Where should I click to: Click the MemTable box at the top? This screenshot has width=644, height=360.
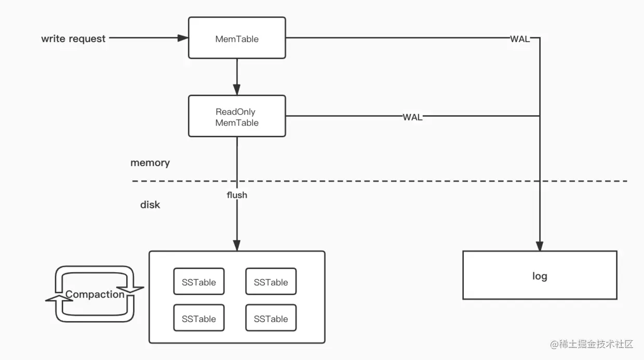237,38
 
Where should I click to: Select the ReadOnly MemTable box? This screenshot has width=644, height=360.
237,116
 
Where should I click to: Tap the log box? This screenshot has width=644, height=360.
540,275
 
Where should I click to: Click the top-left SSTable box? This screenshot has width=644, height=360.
199,282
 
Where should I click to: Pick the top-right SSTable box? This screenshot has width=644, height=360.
271,282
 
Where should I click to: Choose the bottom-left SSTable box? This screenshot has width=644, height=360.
199,318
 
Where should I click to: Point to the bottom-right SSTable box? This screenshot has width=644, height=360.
271,318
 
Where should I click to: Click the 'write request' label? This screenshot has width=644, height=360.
73,38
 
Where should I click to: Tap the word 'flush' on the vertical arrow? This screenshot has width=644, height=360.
237,195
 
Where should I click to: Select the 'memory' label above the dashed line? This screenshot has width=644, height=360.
150,163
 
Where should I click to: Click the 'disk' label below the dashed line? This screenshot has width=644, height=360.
150,205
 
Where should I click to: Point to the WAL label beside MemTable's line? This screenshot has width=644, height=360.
520,39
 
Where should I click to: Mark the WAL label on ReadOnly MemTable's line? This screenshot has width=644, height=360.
412,117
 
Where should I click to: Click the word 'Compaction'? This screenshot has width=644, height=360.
95,294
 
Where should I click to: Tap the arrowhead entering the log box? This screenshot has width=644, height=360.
540,246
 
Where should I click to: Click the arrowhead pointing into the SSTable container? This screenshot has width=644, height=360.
237,246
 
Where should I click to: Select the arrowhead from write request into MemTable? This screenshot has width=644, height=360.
183,38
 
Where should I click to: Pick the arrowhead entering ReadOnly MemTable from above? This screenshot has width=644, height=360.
237,90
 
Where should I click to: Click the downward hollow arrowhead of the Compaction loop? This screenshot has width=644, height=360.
130,289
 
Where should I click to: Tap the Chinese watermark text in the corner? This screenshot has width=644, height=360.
592,344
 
